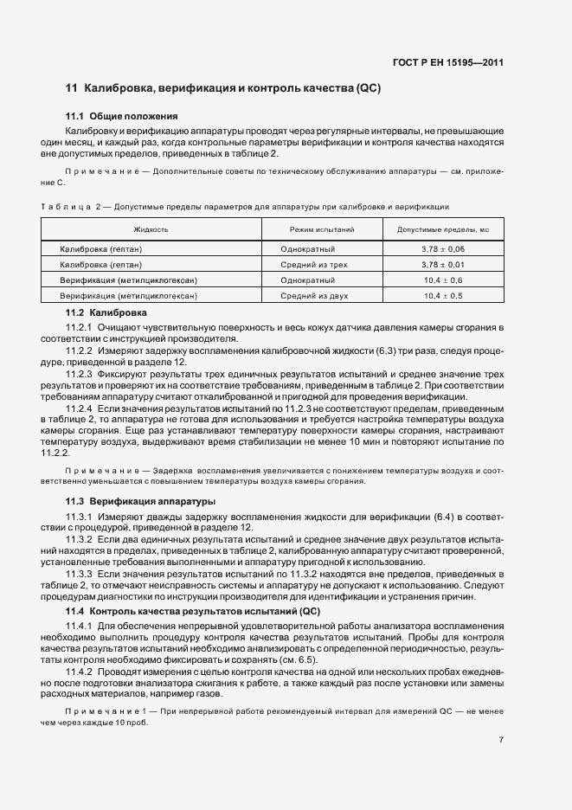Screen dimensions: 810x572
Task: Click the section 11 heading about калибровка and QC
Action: [x=223, y=89]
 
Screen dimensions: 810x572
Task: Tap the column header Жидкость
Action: [x=151, y=229]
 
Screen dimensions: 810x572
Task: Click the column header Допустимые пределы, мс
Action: [x=443, y=229]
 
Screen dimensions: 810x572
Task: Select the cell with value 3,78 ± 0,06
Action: [x=443, y=249]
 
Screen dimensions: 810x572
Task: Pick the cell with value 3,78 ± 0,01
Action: [x=443, y=265]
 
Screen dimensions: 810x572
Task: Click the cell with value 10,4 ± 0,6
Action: [x=443, y=280]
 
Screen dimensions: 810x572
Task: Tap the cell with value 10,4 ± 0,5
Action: [x=443, y=296]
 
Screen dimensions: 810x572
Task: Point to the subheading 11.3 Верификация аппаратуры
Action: [x=141, y=502]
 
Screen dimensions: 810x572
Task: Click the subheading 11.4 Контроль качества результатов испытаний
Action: [x=193, y=612]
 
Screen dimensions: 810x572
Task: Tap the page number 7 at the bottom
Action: [x=501, y=740]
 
